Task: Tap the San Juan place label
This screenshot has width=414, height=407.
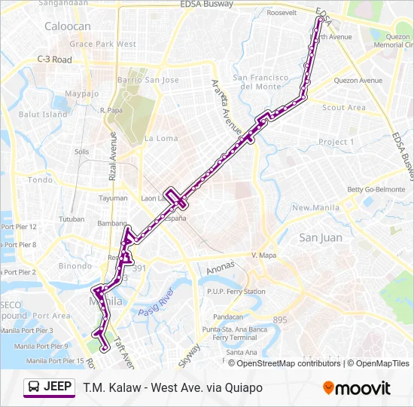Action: pos(321,237)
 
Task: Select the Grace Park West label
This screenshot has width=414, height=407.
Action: pos(103,44)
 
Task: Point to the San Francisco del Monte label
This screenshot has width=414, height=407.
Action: pos(260,82)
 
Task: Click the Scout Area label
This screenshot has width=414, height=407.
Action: pos(344,108)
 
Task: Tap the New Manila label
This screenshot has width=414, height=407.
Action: pos(312,207)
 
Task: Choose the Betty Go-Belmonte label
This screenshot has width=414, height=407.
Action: pos(376,189)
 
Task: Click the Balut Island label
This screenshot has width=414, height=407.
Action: pos(43,115)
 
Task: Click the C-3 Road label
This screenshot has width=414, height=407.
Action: pos(54,60)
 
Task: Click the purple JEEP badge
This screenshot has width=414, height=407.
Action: pos(49,387)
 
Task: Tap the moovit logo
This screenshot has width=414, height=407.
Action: pos(357,388)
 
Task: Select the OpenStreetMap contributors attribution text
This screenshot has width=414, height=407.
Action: pos(288,363)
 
